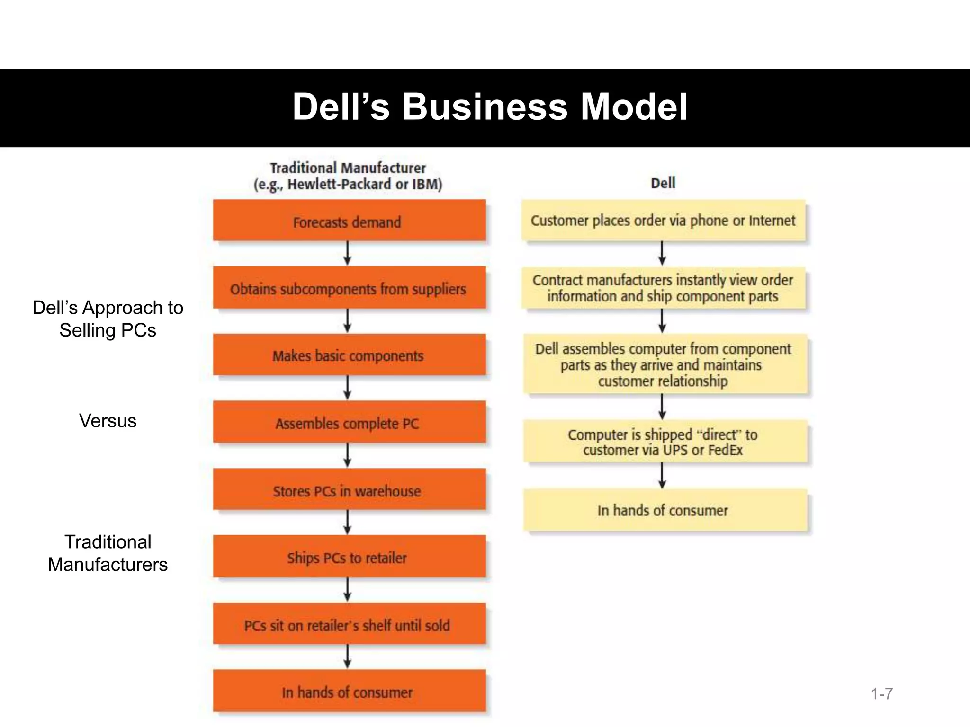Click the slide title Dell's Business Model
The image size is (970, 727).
(489, 107)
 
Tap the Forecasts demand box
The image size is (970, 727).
(349, 221)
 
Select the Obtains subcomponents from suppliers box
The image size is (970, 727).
(349, 288)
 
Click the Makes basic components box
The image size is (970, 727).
(349, 355)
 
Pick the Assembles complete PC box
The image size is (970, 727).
(349, 422)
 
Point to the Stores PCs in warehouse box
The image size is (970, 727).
(349, 489)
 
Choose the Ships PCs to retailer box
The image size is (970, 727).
(349, 557)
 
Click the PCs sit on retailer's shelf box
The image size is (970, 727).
(349, 624)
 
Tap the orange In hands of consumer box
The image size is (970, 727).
(349, 691)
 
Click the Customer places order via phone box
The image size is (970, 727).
(663, 221)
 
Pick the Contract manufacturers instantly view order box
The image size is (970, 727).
(663, 288)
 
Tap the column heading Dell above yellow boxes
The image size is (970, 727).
(663, 183)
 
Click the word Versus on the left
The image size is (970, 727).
(108, 420)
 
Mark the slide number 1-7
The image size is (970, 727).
(881, 694)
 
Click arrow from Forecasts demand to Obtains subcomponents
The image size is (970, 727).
(347, 254)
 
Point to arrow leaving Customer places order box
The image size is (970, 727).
(662, 254)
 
